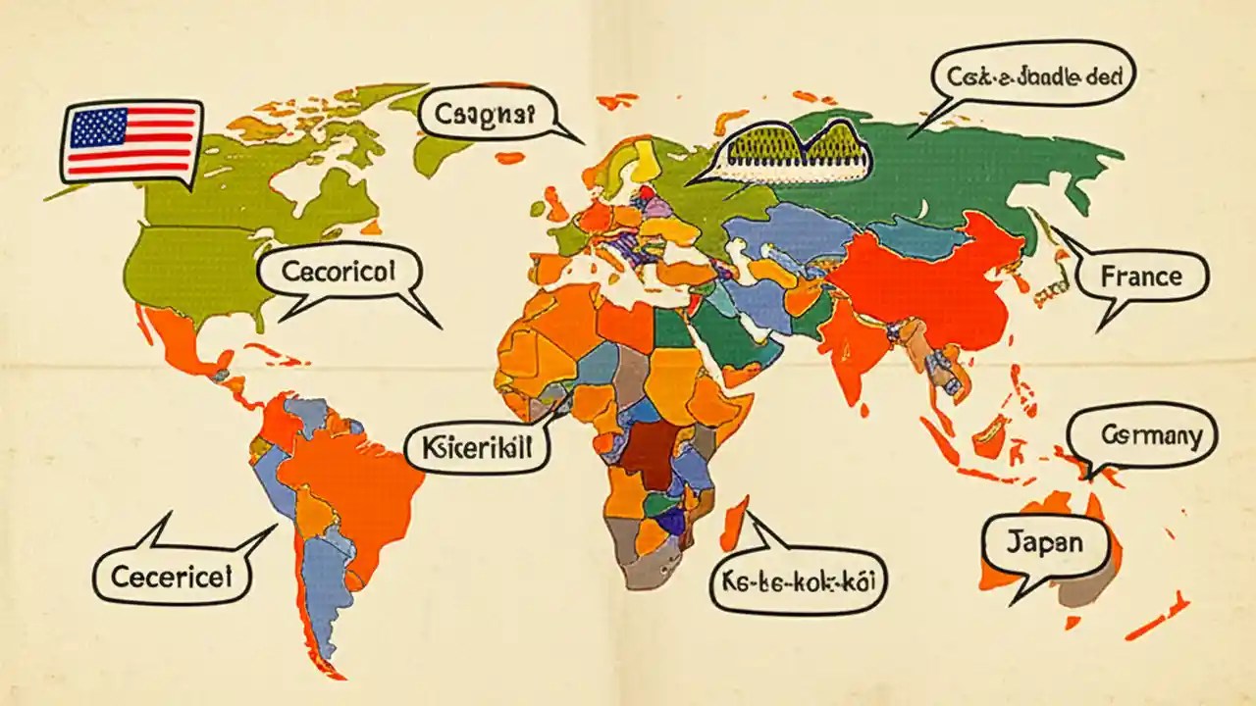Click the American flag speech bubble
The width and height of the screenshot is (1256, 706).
click(x=131, y=141)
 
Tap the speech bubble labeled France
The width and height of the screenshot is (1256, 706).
click(x=1141, y=277)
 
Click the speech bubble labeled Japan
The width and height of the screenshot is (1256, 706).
click(x=1044, y=542)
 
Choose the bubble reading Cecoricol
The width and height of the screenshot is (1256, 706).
click(x=339, y=272)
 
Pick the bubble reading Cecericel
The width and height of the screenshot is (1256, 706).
click(x=172, y=576)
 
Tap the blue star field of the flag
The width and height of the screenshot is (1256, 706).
click(x=98, y=128)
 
